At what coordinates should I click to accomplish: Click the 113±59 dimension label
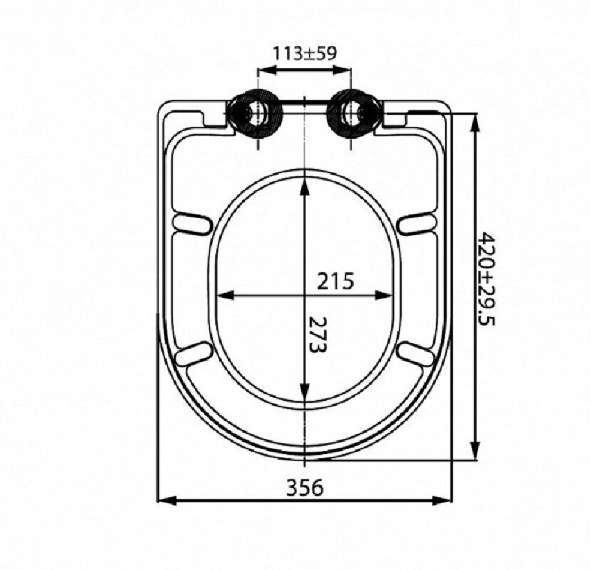point(304,53)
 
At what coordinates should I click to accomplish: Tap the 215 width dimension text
point(336,281)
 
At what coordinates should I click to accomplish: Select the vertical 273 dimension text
point(317,335)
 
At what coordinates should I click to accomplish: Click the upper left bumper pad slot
point(191,224)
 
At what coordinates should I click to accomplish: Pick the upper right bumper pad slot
point(416,224)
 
